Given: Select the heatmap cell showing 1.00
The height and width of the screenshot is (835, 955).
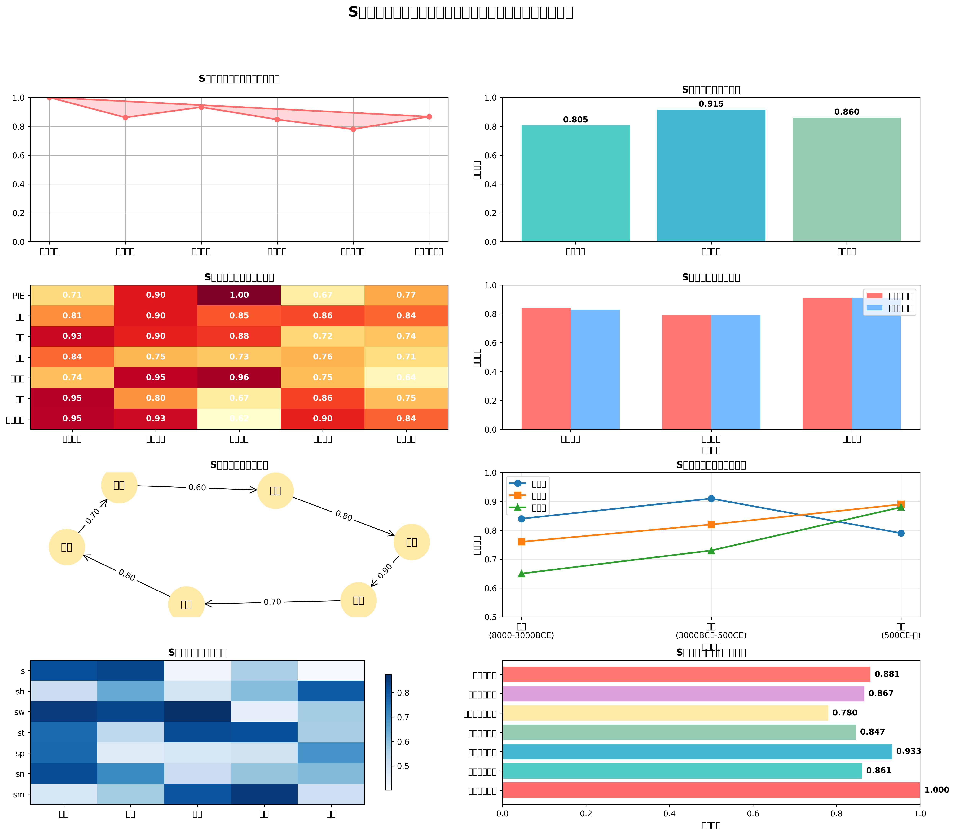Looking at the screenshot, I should point(239,295).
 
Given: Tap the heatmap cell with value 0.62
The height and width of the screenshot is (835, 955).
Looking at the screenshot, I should point(239,418).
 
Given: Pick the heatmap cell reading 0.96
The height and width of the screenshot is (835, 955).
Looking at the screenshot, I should point(239,377).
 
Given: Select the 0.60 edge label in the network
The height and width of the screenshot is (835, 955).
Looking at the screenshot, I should point(197,487).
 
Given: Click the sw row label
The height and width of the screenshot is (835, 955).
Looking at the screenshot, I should point(20,712).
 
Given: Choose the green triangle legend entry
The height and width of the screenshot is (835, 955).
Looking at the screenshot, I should point(527,508).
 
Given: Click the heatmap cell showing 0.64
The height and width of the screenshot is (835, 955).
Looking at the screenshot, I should point(406,377).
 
